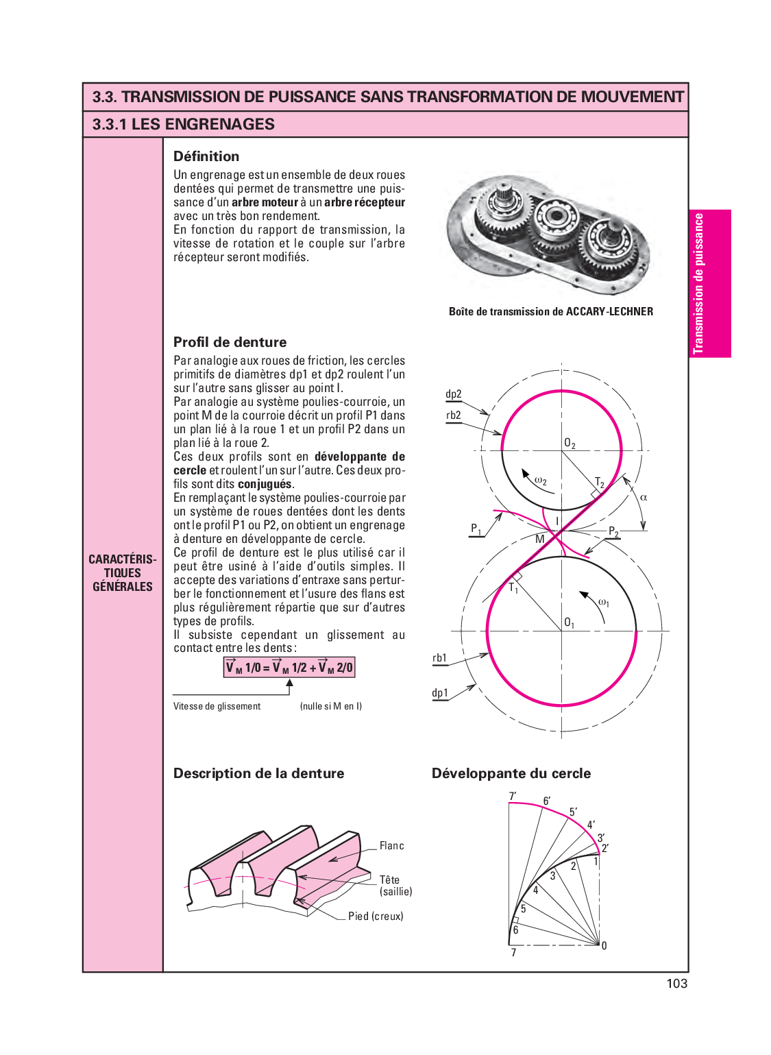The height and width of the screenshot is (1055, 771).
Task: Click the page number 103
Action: tap(676, 983)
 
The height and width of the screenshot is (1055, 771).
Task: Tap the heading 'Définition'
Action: tap(206, 156)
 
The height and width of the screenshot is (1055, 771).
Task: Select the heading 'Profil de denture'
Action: tap(230, 342)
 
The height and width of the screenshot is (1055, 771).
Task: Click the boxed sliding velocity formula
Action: tap(289, 667)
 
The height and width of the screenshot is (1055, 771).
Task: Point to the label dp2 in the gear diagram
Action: tap(454, 394)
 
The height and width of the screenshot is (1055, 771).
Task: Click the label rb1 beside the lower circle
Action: tap(439, 658)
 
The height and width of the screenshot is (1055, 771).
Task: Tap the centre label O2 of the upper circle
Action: tap(570, 444)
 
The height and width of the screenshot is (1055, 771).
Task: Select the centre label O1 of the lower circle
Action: tap(569, 622)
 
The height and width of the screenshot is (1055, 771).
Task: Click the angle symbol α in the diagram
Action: tap(643, 497)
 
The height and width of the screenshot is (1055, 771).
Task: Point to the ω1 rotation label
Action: tap(603, 603)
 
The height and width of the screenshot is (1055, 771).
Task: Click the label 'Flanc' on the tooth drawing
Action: tap(391, 846)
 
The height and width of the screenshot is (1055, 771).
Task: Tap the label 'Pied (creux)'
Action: tap(376, 916)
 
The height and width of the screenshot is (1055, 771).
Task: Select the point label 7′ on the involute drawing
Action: tap(513, 797)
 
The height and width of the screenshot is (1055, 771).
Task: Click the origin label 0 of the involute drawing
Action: tap(604, 946)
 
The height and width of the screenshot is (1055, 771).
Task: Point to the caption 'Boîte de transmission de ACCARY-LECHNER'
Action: tap(551, 311)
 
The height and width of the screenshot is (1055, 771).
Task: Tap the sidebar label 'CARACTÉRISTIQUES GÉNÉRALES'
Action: tap(123, 572)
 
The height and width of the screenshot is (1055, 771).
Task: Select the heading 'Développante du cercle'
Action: tap(511, 773)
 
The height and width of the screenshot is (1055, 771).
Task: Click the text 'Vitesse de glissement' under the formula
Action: tap(217, 706)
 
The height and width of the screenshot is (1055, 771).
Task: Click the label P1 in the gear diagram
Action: tap(476, 529)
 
